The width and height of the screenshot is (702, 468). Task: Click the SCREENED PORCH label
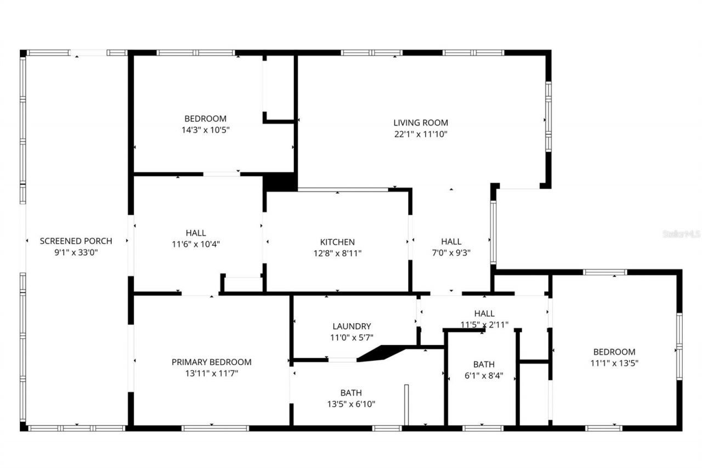click(x=76, y=241)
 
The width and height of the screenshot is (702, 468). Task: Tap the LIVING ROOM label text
click(x=421, y=123)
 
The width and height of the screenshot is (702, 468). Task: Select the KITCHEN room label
click(x=337, y=242)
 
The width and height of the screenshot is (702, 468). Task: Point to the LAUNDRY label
click(x=352, y=326)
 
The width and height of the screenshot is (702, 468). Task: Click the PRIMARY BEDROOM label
click(x=212, y=362)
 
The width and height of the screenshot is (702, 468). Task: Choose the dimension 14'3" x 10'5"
click(x=205, y=130)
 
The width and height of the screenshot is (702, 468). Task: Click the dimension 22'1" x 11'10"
click(x=421, y=134)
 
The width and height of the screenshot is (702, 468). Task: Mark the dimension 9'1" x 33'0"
click(x=76, y=252)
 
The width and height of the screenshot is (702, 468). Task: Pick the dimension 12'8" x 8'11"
click(x=337, y=253)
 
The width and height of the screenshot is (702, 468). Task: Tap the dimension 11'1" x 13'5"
click(x=614, y=363)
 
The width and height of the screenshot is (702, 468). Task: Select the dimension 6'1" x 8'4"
click(x=484, y=376)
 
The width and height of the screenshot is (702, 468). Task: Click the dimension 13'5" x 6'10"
click(x=351, y=404)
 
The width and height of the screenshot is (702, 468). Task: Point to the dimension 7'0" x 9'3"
click(x=451, y=253)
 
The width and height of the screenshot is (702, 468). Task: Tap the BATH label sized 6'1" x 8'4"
click(x=484, y=364)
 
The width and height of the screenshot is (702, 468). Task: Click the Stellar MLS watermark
click(x=682, y=234)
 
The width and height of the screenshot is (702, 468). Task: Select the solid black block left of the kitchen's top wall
click(x=280, y=182)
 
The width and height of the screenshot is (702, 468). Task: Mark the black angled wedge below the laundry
click(x=381, y=353)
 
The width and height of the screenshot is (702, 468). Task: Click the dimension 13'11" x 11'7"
click(x=212, y=374)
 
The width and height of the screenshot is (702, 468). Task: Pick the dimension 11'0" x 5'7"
click(x=352, y=338)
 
